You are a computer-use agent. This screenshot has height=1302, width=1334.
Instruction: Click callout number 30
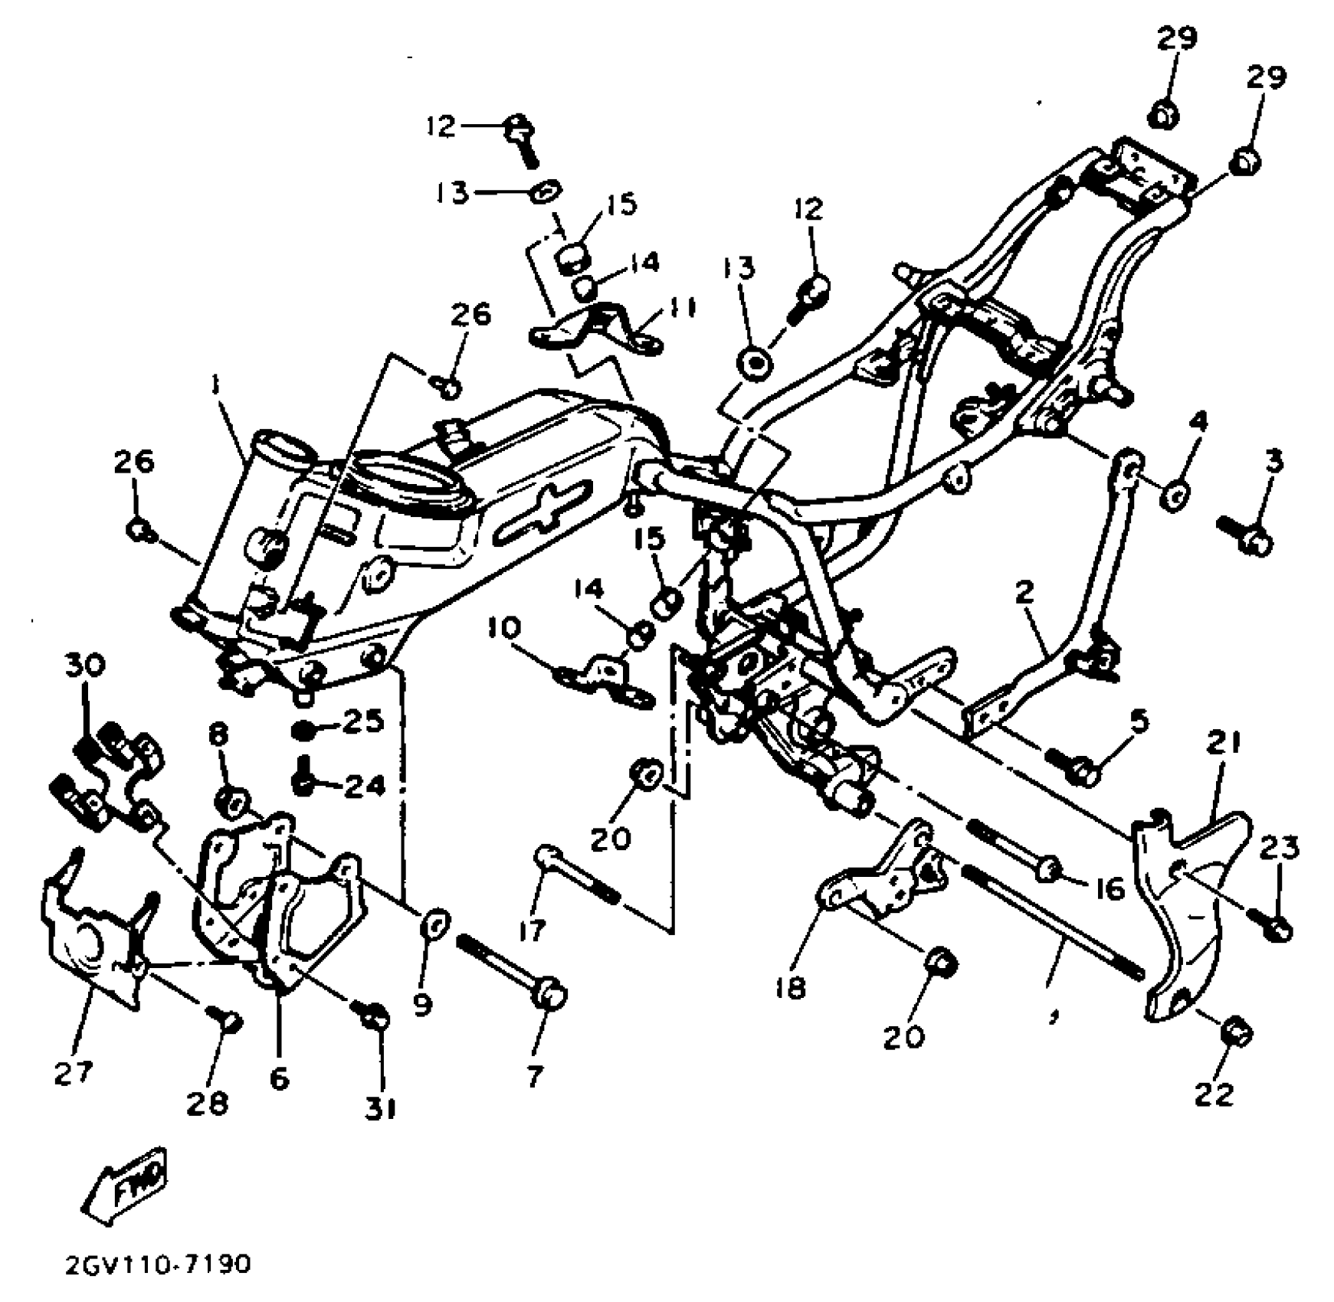(84, 664)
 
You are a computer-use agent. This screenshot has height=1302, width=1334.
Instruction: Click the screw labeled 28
(226, 1019)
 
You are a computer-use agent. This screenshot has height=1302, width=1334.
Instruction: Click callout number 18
(790, 988)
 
